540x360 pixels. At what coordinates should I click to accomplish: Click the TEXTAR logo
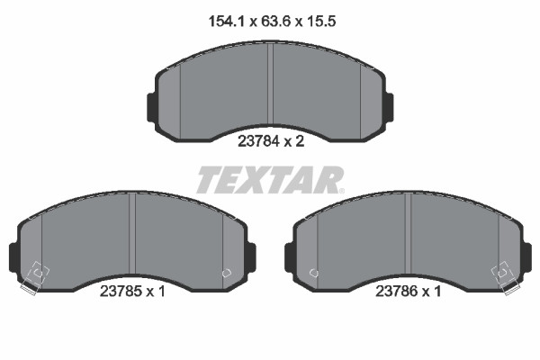[269, 180]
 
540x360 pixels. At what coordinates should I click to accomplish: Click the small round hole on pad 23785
[226, 272]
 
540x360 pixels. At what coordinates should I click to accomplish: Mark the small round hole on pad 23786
[312, 272]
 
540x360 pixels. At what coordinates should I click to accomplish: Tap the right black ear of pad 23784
[389, 105]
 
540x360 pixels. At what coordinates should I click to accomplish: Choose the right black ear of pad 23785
[251, 256]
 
